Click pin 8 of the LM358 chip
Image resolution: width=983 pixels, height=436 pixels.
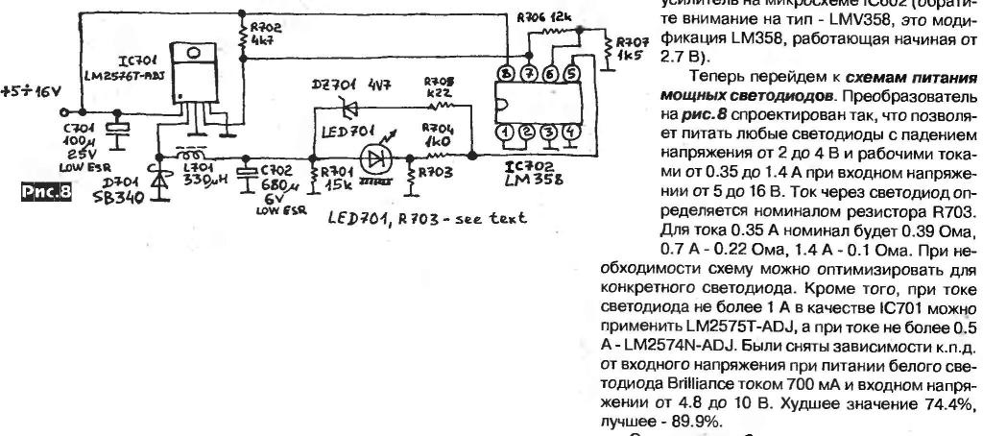click(x=503, y=73)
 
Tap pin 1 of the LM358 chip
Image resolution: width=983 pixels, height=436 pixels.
click(x=503, y=133)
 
